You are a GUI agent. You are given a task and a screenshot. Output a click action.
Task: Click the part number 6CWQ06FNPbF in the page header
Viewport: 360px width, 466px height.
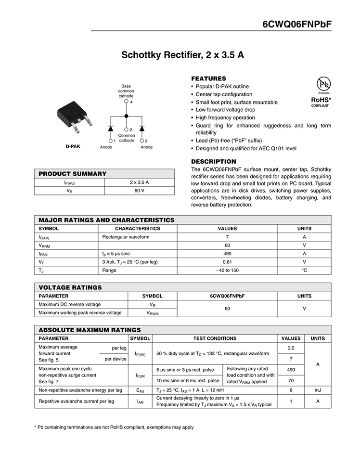tap(297, 25)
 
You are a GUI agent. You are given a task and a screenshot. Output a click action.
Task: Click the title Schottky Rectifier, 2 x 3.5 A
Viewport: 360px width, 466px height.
tap(182, 55)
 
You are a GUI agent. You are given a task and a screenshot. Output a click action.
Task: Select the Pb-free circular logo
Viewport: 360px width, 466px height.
tap(323, 83)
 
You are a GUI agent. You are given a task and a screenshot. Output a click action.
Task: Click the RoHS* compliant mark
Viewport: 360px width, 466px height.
tap(320, 100)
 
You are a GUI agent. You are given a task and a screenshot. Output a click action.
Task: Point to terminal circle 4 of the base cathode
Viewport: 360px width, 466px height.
tap(127, 102)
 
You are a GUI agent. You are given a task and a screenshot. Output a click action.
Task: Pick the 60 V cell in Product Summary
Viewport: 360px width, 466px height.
tap(140, 191)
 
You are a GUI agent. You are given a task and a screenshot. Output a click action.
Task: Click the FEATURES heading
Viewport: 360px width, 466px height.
tap(208, 78)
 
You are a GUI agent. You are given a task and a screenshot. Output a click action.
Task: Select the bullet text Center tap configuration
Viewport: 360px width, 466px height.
tap(224, 94)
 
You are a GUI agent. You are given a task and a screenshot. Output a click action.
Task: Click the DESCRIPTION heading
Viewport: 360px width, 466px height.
tap(214, 161)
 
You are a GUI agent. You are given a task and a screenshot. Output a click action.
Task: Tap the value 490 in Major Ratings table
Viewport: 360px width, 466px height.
tap(228, 253)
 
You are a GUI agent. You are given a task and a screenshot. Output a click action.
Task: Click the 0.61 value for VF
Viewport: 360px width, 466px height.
tap(228, 262)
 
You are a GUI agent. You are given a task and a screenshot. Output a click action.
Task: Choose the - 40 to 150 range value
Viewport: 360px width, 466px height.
tap(228, 271)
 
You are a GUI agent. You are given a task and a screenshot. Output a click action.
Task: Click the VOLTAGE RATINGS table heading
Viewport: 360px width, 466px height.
tap(70, 287)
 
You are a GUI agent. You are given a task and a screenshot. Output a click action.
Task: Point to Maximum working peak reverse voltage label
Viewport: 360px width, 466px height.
tap(80, 313)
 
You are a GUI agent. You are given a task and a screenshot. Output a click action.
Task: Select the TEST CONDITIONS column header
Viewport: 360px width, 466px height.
tap(215, 338)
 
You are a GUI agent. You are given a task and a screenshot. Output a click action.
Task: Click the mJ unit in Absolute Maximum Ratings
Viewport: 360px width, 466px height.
tap(318, 390)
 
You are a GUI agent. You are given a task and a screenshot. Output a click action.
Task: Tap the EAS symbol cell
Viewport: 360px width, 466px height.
tap(140, 390)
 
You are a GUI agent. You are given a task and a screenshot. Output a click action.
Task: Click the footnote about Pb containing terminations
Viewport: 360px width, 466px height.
tap(114, 427)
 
